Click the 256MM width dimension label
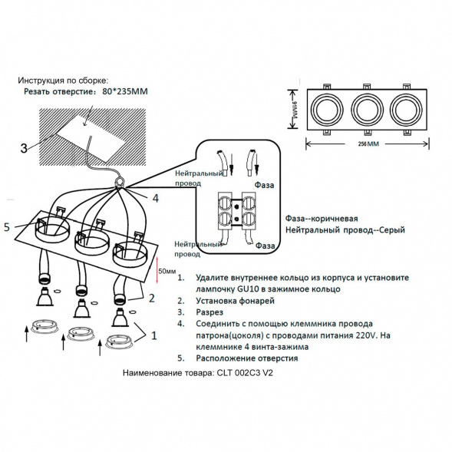pyautogui.click(x=368, y=144)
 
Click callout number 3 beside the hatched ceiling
pyautogui.click(x=24, y=147)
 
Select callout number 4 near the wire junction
pyautogui.click(x=155, y=198)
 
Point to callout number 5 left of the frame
pyautogui.click(x=7, y=226)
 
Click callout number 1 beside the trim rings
pyautogui.click(x=154, y=335)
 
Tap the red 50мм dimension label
pyautogui.click(x=167, y=272)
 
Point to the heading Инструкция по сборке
pyautogui.click(x=64, y=79)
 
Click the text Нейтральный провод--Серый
pyautogui.click(x=345, y=230)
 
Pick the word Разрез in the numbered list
pyautogui.click(x=210, y=313)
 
